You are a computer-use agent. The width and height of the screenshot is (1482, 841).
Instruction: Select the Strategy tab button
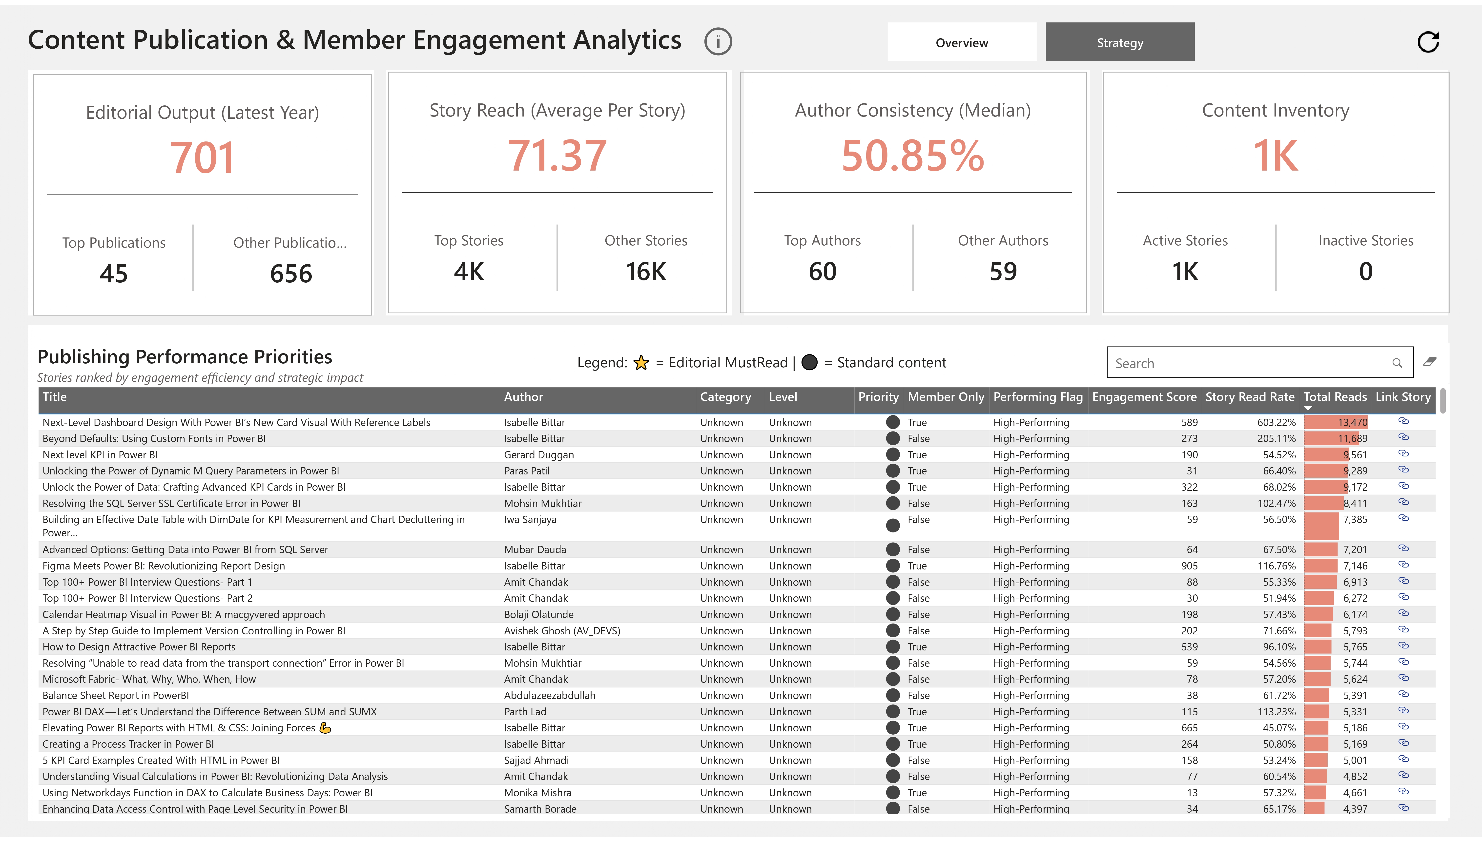(x=1119, y=42)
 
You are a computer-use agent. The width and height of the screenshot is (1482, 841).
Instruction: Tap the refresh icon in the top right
(x=1428, y=42)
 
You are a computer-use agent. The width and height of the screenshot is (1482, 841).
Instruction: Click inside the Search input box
(x=1248, y=363)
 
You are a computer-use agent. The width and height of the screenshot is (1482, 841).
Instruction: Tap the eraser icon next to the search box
(x=1429, y=362)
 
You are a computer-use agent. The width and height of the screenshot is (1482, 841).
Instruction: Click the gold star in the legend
(x=641, y=363)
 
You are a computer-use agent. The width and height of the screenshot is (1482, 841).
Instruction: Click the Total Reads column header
(x=1335, y=397)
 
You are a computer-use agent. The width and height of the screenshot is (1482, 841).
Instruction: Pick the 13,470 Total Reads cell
(x=1352, y=422)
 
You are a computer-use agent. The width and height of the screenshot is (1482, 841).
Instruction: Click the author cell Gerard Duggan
(x=538, y=455)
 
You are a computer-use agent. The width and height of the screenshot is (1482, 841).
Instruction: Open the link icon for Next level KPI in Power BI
(x=1403, y=453)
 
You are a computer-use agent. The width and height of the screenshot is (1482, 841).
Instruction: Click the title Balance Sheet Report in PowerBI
(x=116, y=695)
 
